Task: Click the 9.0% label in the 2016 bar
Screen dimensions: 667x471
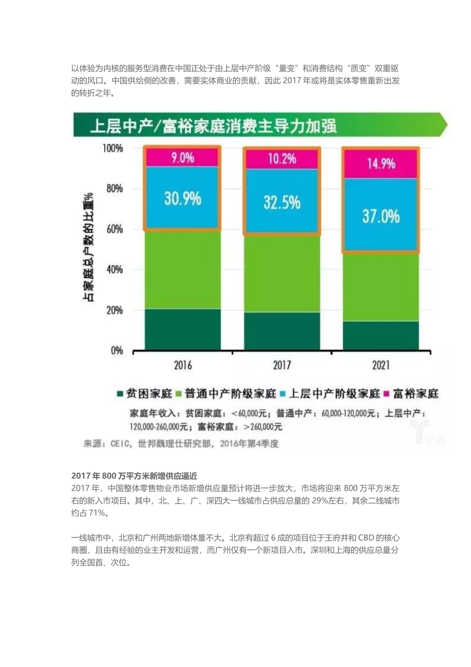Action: click(x=182, y=158)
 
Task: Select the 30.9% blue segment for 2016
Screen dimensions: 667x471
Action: click(x=182, y=199)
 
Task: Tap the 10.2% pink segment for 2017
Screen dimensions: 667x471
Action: click(x=282, y=159)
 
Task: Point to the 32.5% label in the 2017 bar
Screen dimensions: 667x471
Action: click(x=282, y=202)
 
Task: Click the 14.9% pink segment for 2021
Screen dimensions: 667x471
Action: click(x=381, y=164)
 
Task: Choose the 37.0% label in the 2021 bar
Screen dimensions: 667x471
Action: click(x=381, y=216)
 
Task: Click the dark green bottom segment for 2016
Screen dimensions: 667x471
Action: click(x=182, y=330)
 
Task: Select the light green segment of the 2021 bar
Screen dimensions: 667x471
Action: click(x=381, y=287)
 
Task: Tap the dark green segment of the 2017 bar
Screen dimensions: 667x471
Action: click(x=282, y=331)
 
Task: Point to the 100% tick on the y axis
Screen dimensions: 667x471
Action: click(x=113, y=148)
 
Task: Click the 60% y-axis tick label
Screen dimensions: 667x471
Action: click(x=114, y=229)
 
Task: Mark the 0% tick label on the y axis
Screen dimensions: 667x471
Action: click(x=117, y=351)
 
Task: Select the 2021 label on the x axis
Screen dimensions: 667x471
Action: click(x=381, y=366)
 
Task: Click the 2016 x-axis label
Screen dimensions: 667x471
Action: click(x=182, y=366)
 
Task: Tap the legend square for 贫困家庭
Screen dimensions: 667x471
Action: click(x=120, y=394)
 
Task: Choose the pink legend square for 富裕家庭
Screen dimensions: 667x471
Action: click(x=386, y=394)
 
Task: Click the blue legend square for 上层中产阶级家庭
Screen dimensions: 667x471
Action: click(x=283, y=394)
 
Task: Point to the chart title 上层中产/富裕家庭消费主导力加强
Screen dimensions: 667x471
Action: click(x=213, y=126)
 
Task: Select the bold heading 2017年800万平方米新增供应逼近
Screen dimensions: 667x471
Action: click(x=134, y=476)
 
